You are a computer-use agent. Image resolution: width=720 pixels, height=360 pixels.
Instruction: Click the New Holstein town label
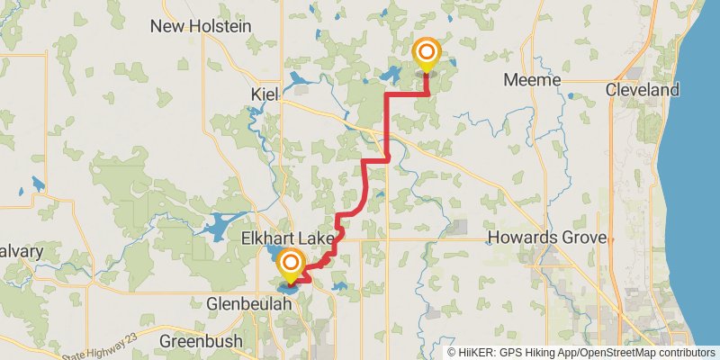tap(201, 26)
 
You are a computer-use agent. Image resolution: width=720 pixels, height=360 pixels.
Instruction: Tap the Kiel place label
tap(265, 94)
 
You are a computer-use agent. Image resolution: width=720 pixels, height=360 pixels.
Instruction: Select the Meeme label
tap(532, 81)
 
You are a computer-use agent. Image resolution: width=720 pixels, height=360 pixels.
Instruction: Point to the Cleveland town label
tap(642, 90)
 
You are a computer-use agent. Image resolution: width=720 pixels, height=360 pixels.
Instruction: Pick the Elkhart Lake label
tap(288, 239)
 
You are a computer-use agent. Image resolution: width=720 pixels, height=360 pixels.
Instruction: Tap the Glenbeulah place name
tap(248, 304)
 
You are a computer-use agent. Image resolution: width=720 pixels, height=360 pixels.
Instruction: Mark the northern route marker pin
tap(425, 55)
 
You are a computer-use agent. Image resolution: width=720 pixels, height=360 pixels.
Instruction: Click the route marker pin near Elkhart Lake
tap(290, 265)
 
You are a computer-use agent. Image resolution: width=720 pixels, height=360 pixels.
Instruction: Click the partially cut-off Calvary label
tap(20, 251)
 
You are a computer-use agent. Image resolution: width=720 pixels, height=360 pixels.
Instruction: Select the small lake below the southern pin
tap(290, 288)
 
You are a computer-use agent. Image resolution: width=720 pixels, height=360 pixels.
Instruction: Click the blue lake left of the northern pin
tap(392, 75)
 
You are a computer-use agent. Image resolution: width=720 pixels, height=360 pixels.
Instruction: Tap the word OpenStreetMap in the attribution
tap(618, 353)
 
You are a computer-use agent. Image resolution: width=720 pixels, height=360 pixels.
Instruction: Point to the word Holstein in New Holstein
tap(220, 26)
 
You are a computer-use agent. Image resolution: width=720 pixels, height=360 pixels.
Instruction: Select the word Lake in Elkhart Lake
tap(315, 239)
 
